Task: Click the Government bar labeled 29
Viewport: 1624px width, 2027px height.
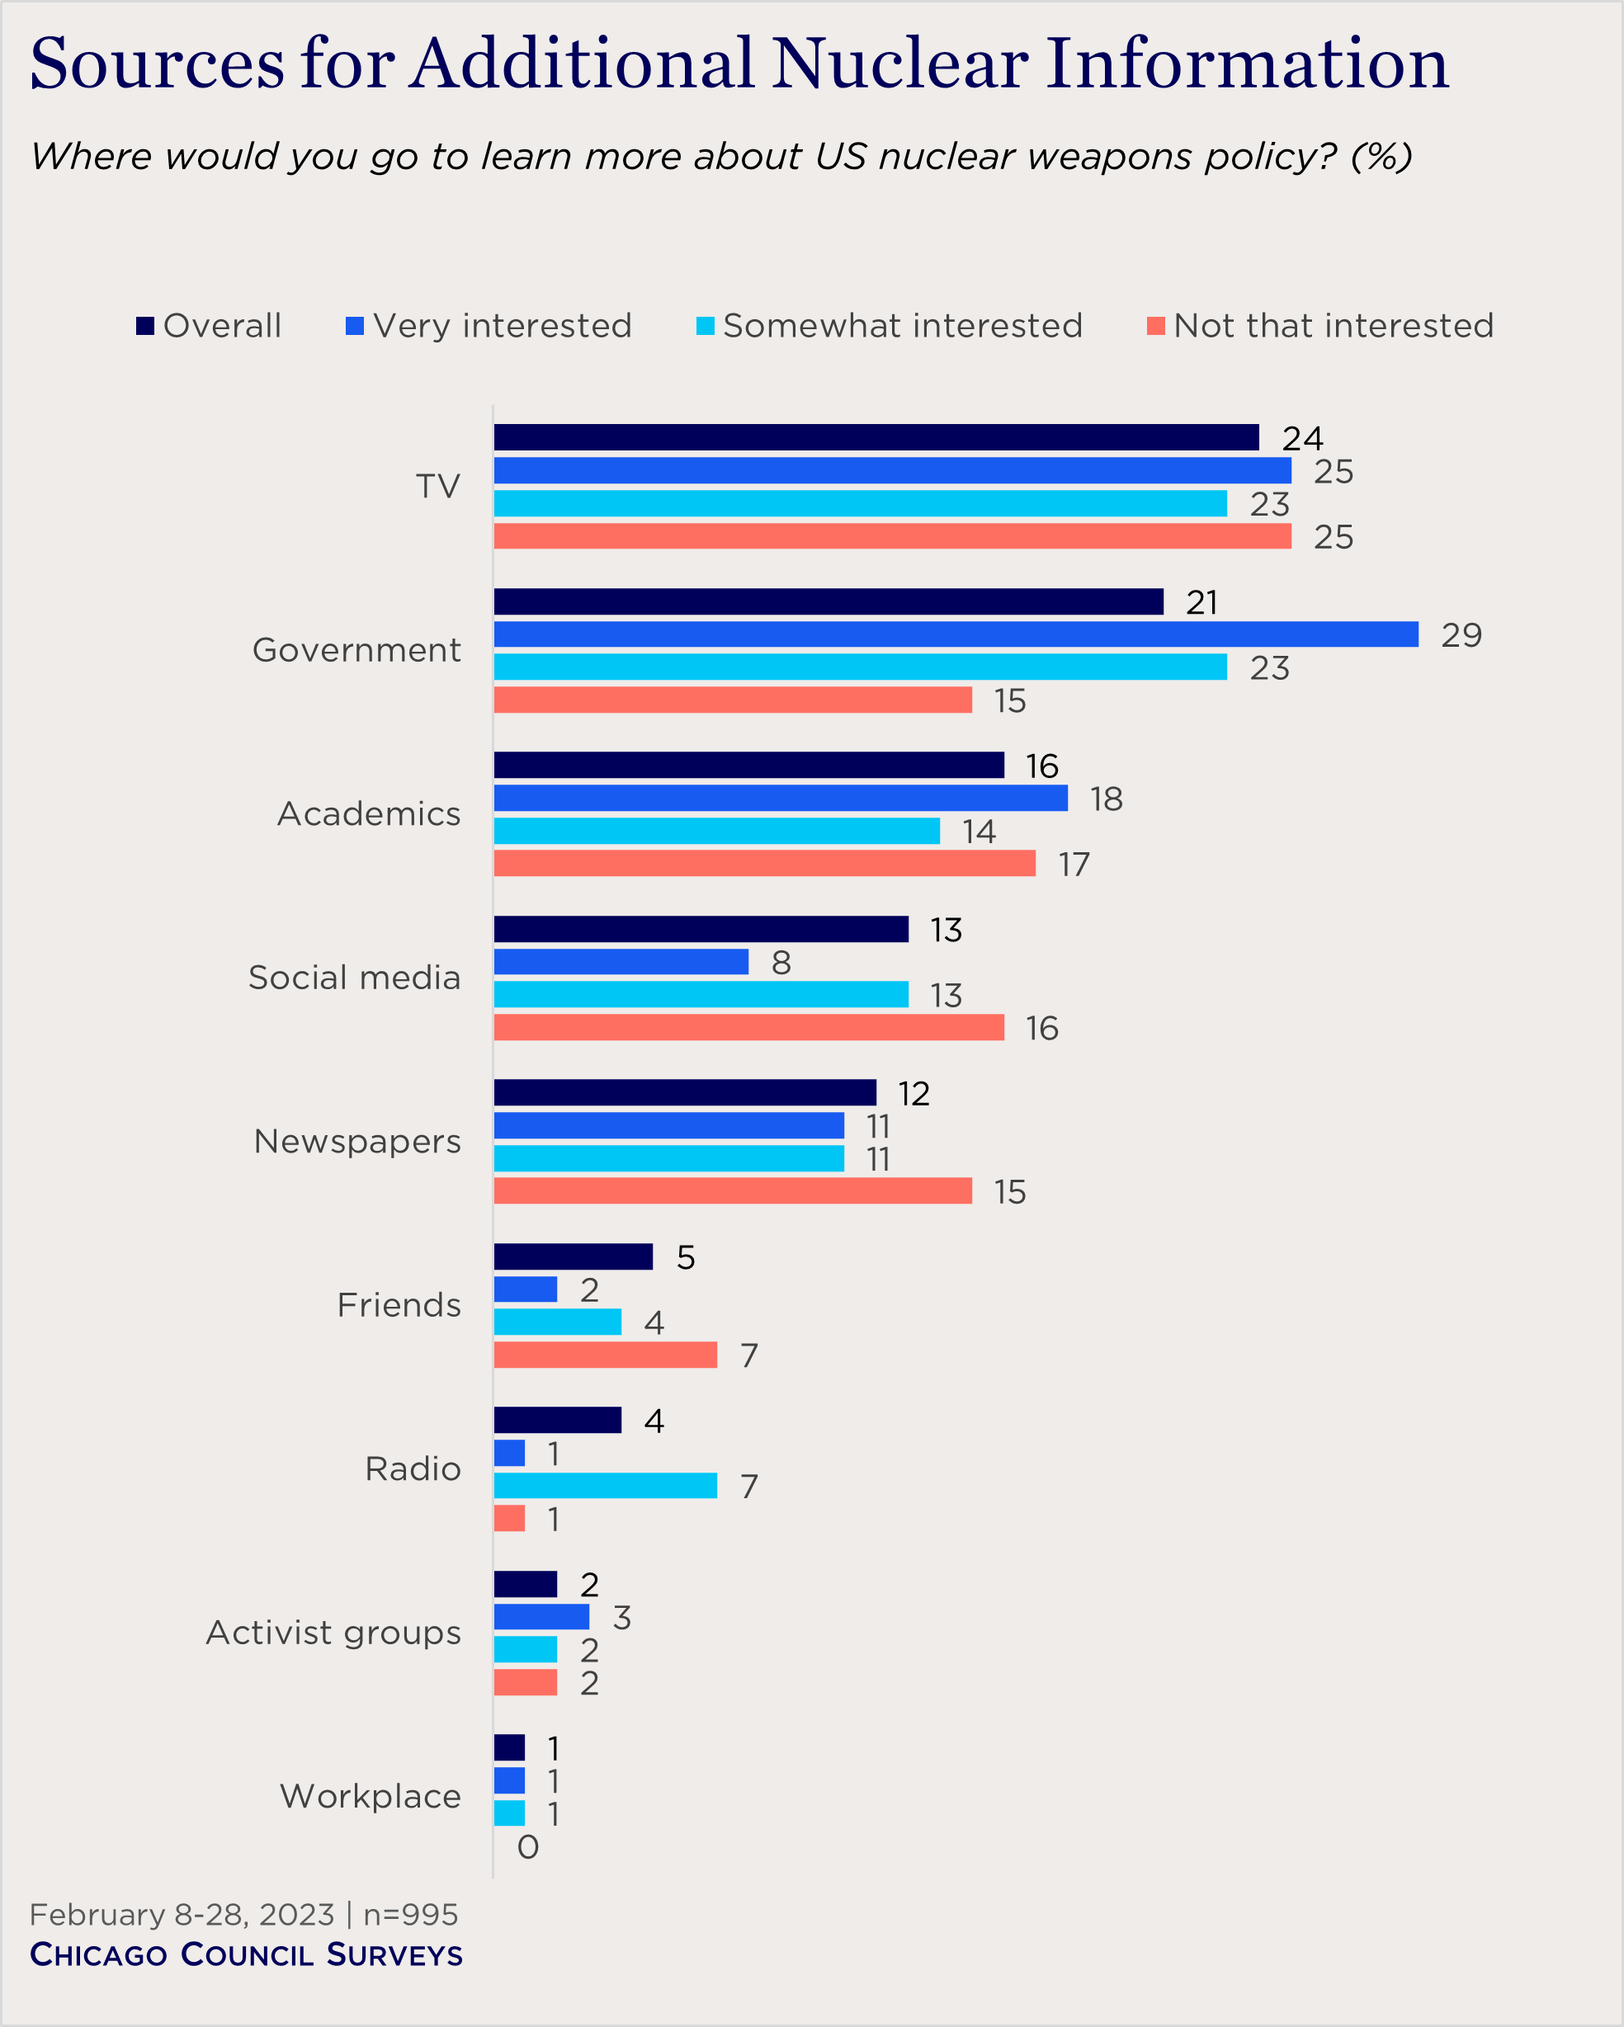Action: pyautogui.click(x=956, y=634)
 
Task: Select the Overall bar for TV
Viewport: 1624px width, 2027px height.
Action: pyautogui.click(x=876, y=437)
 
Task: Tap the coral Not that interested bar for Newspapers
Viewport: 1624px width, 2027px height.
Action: pyautogui.click(x=733, y=1191)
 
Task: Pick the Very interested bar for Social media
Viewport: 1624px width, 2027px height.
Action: pyautogui.click(x=621, y=962)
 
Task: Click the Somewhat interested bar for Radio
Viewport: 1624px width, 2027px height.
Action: pyautogui.click(x=605, y=1486)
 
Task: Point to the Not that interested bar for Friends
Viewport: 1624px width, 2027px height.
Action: pyautogui.click(x=605, y=1355)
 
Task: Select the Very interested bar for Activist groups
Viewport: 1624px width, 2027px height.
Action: pyautogui.click(x=541, y=1617)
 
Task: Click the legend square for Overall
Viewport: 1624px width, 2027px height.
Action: pyautogui.click(x=144, y=326)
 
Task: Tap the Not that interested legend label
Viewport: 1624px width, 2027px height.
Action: pyautogui.click(x=1333, y=326)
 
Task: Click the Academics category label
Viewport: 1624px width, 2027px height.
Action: pyautogui.click(x=369, y=814)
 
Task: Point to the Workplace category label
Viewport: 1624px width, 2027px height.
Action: pyautogui.click(x=371, y=1797)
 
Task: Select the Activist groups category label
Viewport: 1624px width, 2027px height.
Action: pyautogui.click(x=333, y=1633)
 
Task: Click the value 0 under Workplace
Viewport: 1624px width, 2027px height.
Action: pyautogui.click(x=528, y=1847)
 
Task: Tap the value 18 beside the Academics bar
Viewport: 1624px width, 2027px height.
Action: pyautogui.click(x=1106, y=799)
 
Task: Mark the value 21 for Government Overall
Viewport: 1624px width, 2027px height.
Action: pyautogui.click(x=1201, y=602)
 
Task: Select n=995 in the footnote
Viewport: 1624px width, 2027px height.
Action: pyautogui.click(x=411, y=1915)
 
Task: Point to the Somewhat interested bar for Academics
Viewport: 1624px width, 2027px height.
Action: pyautogui.click(x=716, y=831)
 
